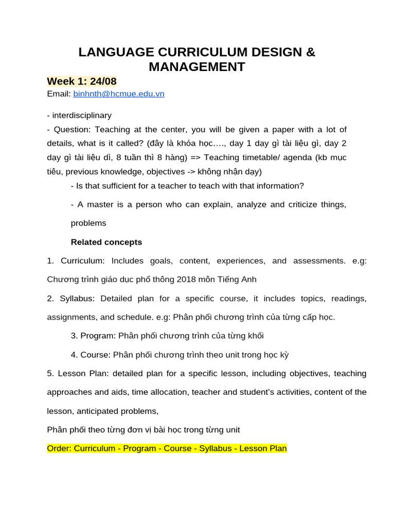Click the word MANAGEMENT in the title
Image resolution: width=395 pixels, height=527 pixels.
tap(197, 67)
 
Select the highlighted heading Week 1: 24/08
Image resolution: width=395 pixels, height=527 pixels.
tap(82, 81)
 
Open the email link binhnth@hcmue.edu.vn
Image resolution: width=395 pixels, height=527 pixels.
tap(119, 94)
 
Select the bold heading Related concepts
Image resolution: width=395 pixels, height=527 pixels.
tap(106, 242)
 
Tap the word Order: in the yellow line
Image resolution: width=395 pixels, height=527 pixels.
tap(59, 448)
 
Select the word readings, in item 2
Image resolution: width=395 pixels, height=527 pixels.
tap(349, 298)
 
